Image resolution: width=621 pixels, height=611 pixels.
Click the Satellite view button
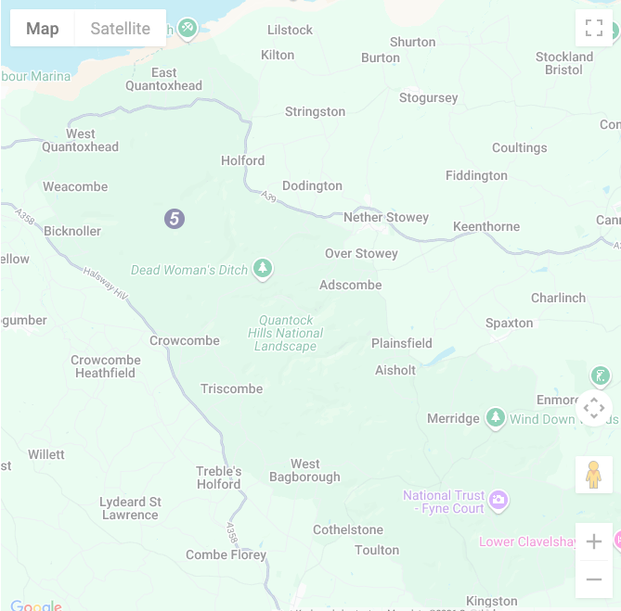[x=120, y=29]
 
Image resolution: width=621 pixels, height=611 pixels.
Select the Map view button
[x=43, y=29]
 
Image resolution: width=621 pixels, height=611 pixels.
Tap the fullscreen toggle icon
[x=594, y=29]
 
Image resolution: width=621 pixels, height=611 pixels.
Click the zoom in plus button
[x=594, y=541]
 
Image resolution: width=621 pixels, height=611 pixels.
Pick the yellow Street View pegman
[x=594, y=475]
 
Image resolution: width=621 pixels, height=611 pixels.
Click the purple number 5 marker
[x=174, y=219]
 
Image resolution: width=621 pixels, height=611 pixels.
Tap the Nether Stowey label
[x=386, y=217]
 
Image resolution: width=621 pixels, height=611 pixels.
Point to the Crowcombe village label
[x=185, y=340]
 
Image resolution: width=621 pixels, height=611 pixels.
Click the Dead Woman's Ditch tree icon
[x=264, y=269]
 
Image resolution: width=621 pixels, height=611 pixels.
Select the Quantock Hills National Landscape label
[x=286, y=334]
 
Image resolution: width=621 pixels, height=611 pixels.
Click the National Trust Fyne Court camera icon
[x=499, y=502]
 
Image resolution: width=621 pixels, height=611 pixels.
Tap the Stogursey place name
[x=428, y=97]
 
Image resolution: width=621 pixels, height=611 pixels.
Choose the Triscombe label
[x=232, y=388]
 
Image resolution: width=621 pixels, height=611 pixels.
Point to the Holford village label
[x=242, y=160]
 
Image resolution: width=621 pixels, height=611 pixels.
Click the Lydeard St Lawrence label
[x=130, y=508]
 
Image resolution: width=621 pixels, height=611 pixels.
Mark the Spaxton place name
[x=510, y=323]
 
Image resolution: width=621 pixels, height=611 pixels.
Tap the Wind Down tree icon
[x=496, y=418]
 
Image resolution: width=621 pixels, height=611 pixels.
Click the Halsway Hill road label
[x=105, y=283]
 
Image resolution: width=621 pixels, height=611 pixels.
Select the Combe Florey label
[x=226, y=554]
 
